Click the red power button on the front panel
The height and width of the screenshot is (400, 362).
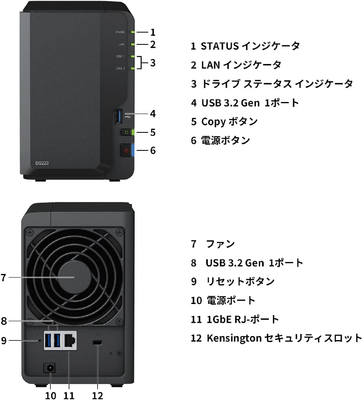point(126,150)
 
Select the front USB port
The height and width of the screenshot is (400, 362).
point(118,116)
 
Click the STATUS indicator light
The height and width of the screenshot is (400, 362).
point(132,32)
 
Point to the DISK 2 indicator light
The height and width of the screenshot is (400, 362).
point(132,68)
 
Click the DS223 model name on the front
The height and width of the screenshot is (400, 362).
point(42,163)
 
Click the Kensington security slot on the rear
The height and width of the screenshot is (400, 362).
point(97,343)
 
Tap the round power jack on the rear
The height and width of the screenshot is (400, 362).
point(50,368)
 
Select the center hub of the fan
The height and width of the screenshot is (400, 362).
point(74,277)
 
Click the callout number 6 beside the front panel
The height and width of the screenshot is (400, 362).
point(153,150)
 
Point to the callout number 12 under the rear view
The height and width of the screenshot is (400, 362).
point(97,396)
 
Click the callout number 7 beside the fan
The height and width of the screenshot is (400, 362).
point(3,278)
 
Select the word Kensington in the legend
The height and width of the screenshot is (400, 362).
point(235,338)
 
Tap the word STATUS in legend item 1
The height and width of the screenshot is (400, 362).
point(220,46)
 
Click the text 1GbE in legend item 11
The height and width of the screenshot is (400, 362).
point(219,319)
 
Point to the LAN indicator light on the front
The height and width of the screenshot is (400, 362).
point(132,44)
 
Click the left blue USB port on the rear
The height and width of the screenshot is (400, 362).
point(48,341)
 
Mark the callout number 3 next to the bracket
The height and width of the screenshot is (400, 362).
point(153,63)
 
